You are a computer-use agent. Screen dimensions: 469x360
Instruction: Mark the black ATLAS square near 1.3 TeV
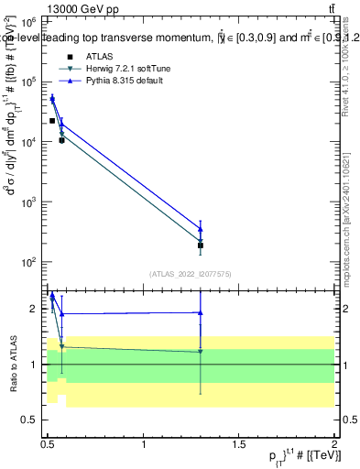[200, 245]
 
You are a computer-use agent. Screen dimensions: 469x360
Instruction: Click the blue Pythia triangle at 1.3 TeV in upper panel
[200, 229]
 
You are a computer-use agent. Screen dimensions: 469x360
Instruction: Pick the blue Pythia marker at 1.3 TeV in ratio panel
[200, 312]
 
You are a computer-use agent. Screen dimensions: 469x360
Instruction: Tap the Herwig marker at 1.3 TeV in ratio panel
[200, 352]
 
